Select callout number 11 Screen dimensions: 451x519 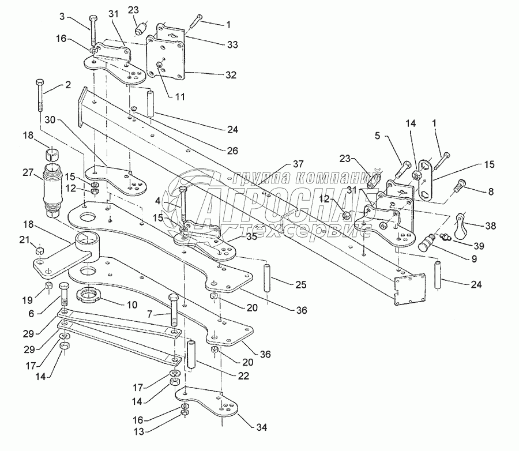(x=180, y=97)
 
